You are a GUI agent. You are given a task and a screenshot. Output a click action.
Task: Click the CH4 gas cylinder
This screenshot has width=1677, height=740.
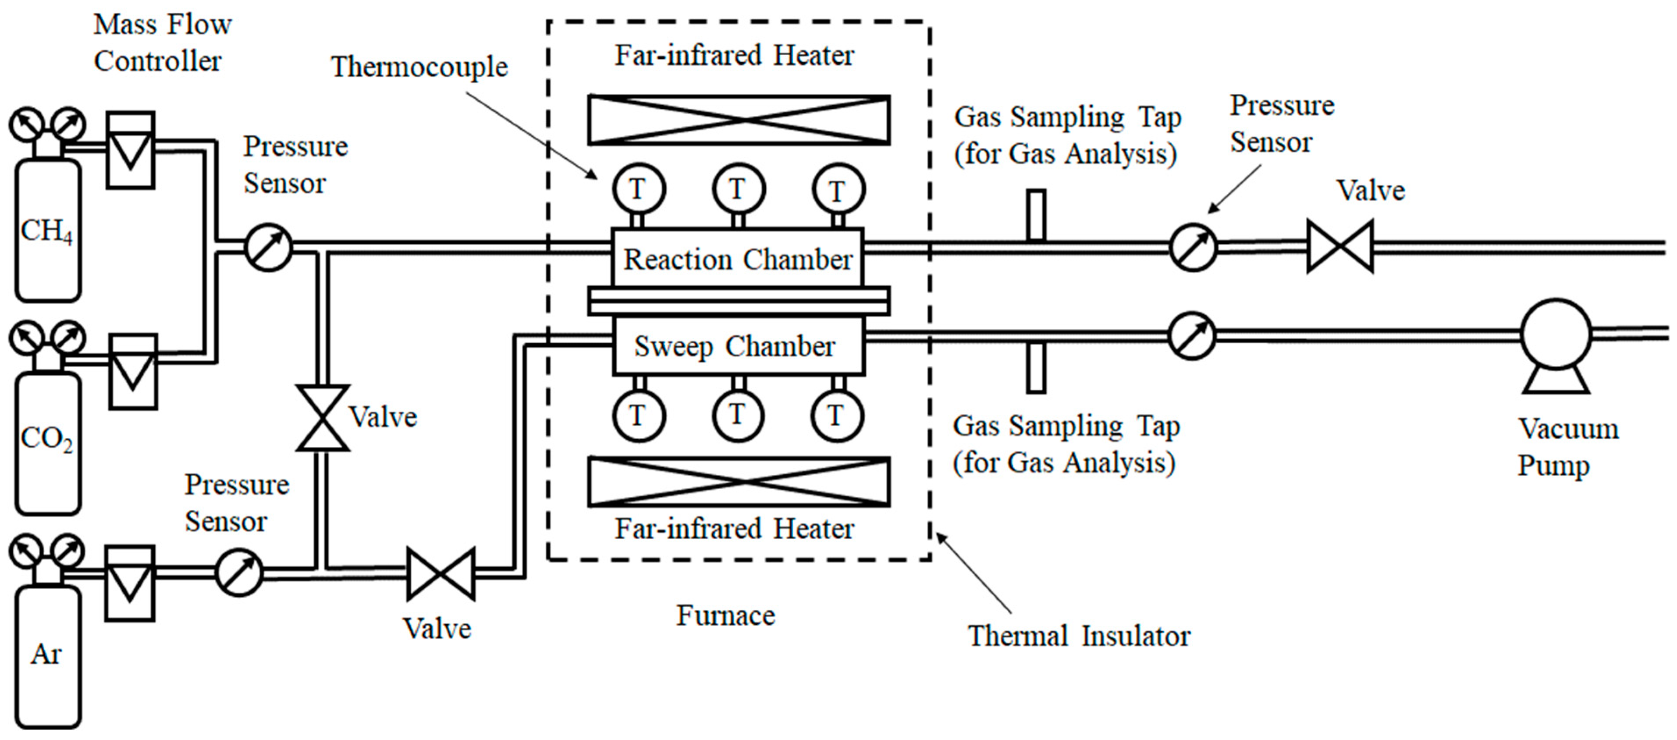click(47, 231)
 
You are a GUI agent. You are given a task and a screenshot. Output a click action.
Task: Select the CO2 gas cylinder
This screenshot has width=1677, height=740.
click(47, 443)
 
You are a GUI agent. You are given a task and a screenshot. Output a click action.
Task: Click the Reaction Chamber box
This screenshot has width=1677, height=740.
click(738, 258)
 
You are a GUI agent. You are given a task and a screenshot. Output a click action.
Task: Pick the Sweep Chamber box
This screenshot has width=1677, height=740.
click(738, 345)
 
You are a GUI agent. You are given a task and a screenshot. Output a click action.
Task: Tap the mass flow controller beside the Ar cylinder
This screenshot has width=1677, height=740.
click(130, 583)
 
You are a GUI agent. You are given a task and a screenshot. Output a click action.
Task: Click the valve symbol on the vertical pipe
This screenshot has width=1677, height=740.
click(322, 418)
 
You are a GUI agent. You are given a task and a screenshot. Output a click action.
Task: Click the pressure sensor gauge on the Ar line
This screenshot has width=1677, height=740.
click(239, 572)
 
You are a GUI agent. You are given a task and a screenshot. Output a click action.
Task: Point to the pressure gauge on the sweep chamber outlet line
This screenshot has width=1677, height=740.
click(1192, 336)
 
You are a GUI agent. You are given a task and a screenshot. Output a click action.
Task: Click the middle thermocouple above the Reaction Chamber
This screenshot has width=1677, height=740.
click(738, 189)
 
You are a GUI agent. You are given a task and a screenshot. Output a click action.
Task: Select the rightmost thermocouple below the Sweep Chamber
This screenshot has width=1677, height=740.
click(837, 415)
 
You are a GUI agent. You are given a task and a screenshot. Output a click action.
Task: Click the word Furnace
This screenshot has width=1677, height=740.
click(725, 615)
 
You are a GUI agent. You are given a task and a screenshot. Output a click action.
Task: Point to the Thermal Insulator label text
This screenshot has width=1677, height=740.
click(1079, 636)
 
